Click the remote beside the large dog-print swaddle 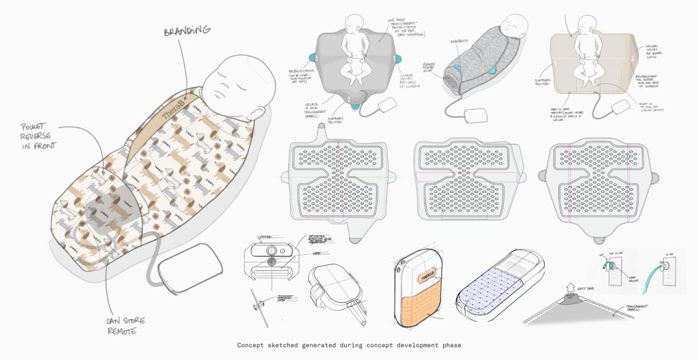click(x=192, y=267)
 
